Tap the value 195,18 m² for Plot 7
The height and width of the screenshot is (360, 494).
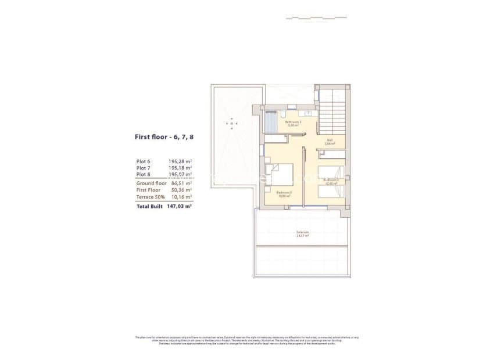(180, 168)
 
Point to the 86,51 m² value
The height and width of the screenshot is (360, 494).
(180, 183)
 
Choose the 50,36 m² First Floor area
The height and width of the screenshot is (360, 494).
(180, 190)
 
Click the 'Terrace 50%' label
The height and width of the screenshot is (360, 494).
(149, 197)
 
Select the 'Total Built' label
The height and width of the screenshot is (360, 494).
(149, 206)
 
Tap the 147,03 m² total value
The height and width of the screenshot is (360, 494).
(179, 206)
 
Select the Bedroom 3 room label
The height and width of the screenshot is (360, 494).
(284, 193)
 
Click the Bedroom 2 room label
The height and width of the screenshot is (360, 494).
(331, 181)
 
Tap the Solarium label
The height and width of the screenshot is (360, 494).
(302, 233)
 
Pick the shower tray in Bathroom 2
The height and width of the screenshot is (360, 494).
(271, 122)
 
